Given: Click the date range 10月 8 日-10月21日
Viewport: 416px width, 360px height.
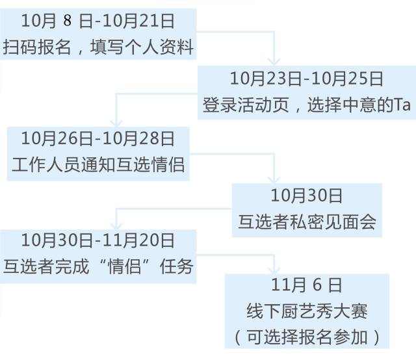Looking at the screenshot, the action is tap(98, 21).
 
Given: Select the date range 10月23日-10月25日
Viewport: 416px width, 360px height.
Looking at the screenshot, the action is tap(307, 79).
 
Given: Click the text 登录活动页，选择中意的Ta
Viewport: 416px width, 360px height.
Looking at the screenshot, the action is tap(307, 106).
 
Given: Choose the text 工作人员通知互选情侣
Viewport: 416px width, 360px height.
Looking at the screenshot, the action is tap(98, 164).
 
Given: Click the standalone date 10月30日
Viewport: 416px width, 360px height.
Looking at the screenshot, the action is tap(307, 196).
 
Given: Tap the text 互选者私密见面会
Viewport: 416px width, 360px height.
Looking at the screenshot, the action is tap(307, 222).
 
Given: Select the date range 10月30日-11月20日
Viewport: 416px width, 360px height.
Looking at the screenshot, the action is tap(98, 240).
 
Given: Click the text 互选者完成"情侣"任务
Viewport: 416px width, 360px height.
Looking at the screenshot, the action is tap(98, 266).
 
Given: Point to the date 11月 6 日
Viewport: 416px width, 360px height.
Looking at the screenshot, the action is tap(307, 285).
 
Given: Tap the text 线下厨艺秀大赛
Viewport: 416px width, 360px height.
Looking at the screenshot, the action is tap(307, 311).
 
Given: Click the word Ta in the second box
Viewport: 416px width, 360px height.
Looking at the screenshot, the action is tap(403, 106).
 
